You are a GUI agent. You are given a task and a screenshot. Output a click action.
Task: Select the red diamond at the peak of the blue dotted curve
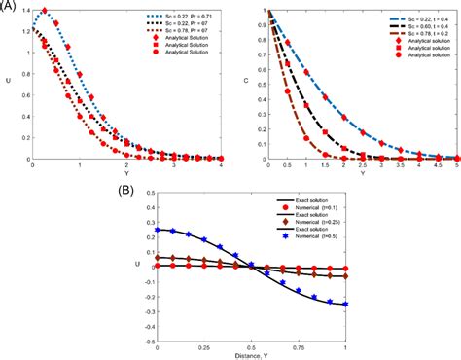[45, 11]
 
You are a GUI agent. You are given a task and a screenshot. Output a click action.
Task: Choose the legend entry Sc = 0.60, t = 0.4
[390, 24]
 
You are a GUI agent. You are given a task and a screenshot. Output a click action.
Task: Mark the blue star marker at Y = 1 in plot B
[345, 304]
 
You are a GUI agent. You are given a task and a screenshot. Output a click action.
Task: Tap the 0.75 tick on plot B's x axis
[294, 344]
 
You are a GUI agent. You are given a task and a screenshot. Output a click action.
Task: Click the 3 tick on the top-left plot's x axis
[179, 164]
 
